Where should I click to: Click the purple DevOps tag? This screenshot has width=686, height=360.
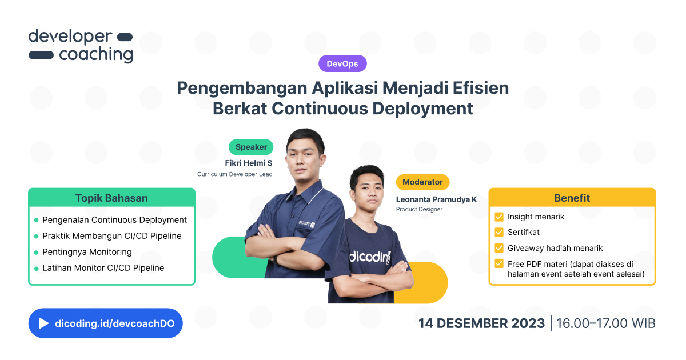pyautogui.click(x=342, y=63)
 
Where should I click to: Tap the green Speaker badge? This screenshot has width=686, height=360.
pyautogui.click(x=251, y=147)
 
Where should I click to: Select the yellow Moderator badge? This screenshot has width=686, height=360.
pyautogui.click(x=422, y=182)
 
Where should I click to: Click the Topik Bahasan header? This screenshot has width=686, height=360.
pyautogui.click(x=111, y=198)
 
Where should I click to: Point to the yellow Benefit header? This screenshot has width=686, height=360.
pyautogui.click(x=572, y=198)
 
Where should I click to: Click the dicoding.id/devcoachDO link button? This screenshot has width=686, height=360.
pyautogui.click(x=118, y=323)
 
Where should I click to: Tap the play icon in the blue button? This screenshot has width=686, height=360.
pyautogui.click(x=44, y=323)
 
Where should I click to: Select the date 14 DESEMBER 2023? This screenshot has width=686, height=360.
pyautogui.click(x=481, y=323)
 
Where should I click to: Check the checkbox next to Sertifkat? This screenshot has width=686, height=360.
pyautogui.click(x=499, y=233)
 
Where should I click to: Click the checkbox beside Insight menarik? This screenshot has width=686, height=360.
pyautogui.click(x=499, y=217)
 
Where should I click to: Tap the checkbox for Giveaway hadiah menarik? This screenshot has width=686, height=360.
pyautogui.click(x=499, y=248)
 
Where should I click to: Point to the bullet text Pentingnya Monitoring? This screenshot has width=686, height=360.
pyautogui.click(x=87, y=252)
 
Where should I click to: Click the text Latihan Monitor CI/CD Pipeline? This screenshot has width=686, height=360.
pyautogui.click(x=103, y=268)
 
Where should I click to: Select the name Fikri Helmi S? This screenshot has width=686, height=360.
pyautogui.click(x=249, y=163)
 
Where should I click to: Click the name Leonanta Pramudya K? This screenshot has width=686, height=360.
pyautogui.click(x=436, y=199)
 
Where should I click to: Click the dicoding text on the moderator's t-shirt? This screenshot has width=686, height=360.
pyautogui.click(x=370, y=257)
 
